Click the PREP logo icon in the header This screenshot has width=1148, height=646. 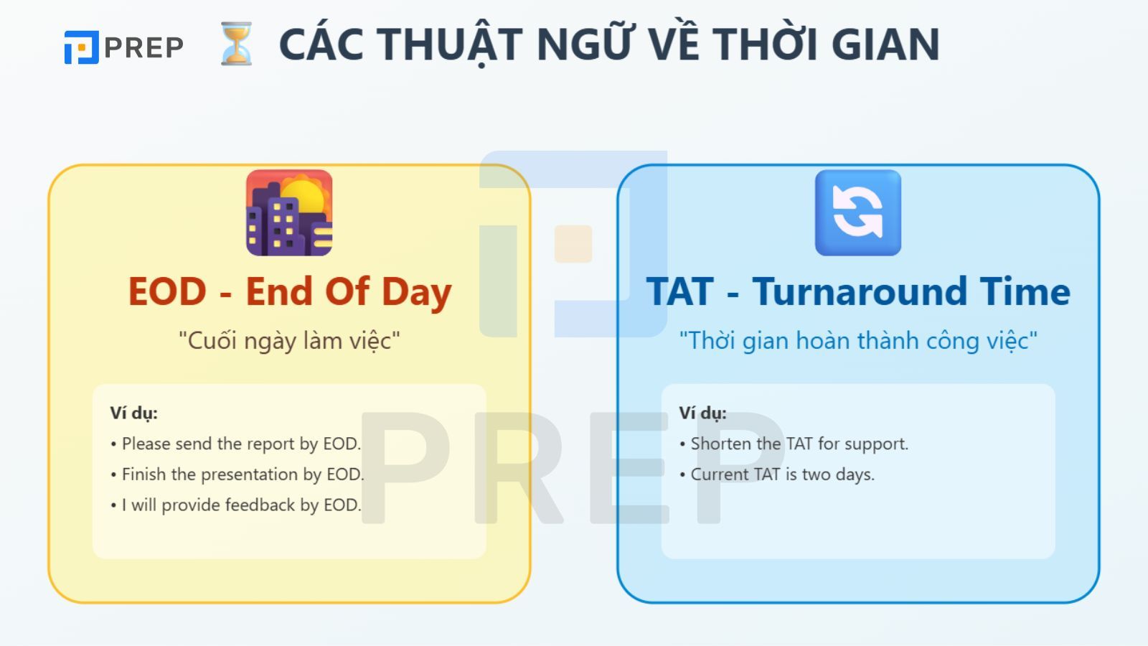pos(81,47)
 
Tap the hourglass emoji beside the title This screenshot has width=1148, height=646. pos(236,44)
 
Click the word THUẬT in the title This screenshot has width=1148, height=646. pos(449,45)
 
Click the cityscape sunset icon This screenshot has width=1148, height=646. pos(289,212)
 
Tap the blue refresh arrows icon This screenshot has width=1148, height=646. pos(858,212)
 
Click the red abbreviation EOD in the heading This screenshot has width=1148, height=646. pos(167,291)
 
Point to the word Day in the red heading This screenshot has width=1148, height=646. pos(416,293)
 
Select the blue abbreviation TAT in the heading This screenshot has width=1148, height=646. pos(679,291)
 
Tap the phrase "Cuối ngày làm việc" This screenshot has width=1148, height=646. pos(289,341)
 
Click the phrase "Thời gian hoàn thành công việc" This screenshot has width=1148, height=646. pos(858,341)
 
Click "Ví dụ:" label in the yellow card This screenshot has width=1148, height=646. pos(133,413)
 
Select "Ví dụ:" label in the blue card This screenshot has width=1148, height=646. pos(702,413)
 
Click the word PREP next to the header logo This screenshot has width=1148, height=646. pos(144,47)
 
